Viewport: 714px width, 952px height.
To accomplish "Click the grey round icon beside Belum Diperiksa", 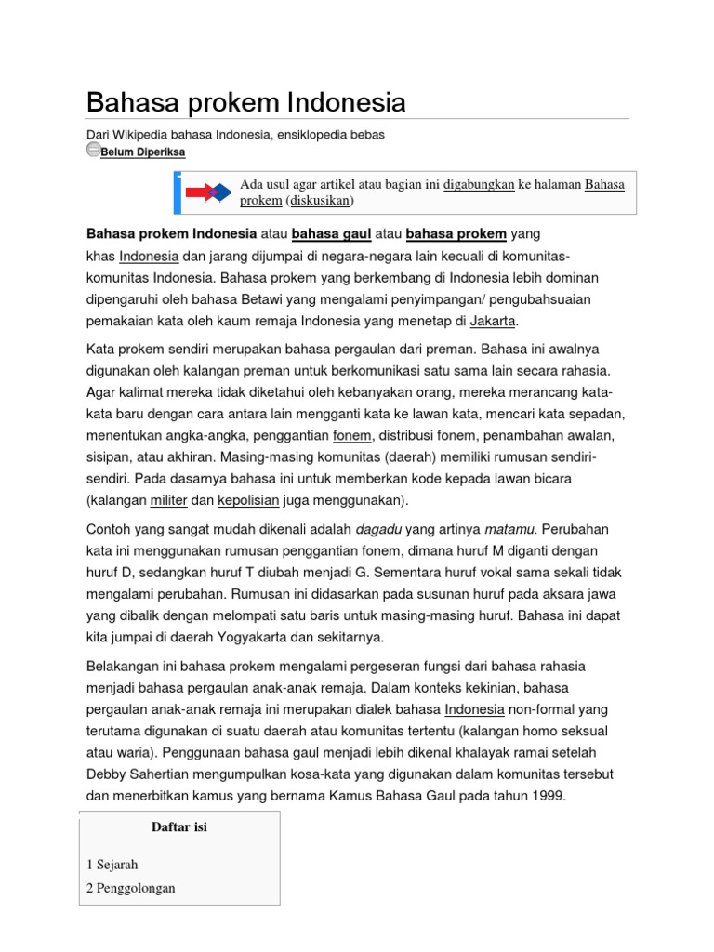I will pyautogui.click(x=93, y=150).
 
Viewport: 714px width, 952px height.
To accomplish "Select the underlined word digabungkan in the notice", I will pyautogui.click(x=479, y=184).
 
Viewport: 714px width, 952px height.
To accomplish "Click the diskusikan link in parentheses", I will pyautogui.click(x=321, y=201).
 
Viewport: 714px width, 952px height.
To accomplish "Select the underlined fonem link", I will pyautogui.click(x=352, y=435).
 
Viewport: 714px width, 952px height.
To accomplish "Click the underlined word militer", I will pyautogui.click(x=168, y=501).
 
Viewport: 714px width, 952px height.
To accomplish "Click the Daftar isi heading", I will pyautogui.click(x=178, y=827).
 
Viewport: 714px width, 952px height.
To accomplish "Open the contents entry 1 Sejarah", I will pyautogui.click(x=113, y=866).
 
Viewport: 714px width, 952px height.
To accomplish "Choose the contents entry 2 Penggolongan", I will pyautogui.click(x=130, y=888).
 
